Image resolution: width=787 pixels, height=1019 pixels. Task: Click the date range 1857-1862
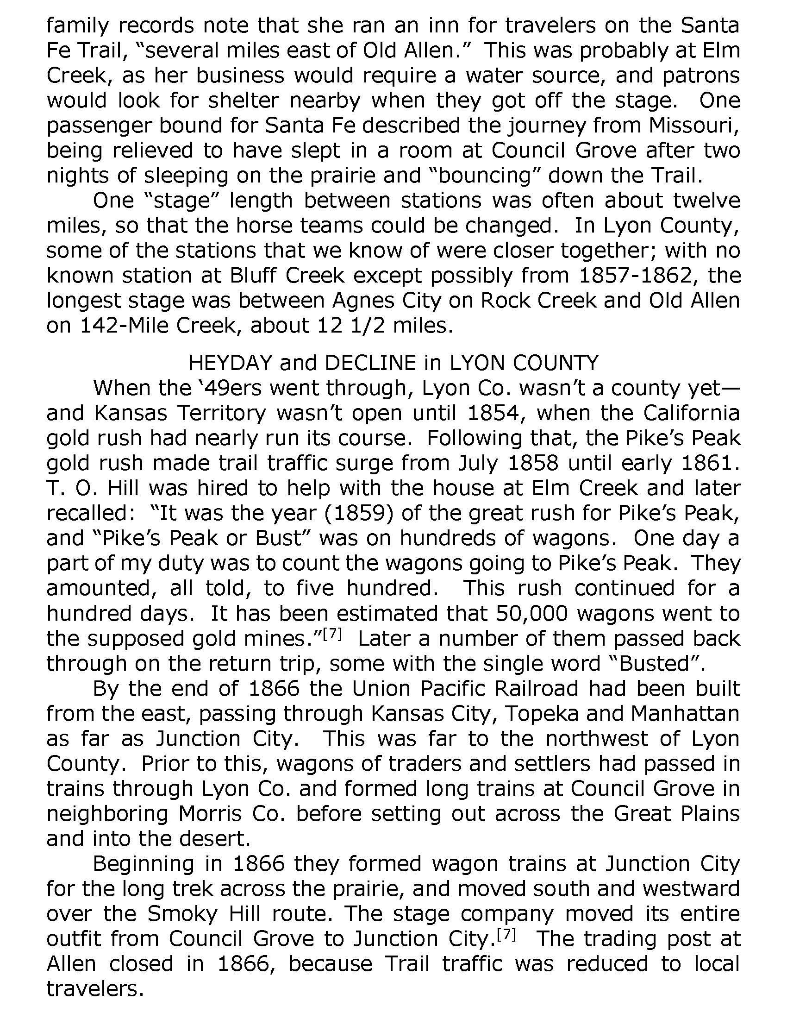click(634, 275)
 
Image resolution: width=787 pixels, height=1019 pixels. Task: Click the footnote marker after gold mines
click(333, 634)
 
